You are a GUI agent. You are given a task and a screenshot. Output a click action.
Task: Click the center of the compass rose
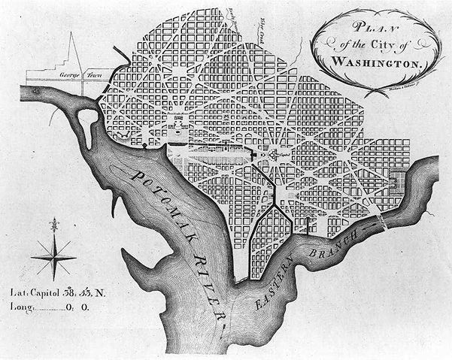pyautogui.click(x=53, y=256)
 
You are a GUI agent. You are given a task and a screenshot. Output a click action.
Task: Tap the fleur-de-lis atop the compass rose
pyautogui.click(x=53, y=225)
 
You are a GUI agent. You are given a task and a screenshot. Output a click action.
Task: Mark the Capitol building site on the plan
pyautogui.click(x=272, y=156)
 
